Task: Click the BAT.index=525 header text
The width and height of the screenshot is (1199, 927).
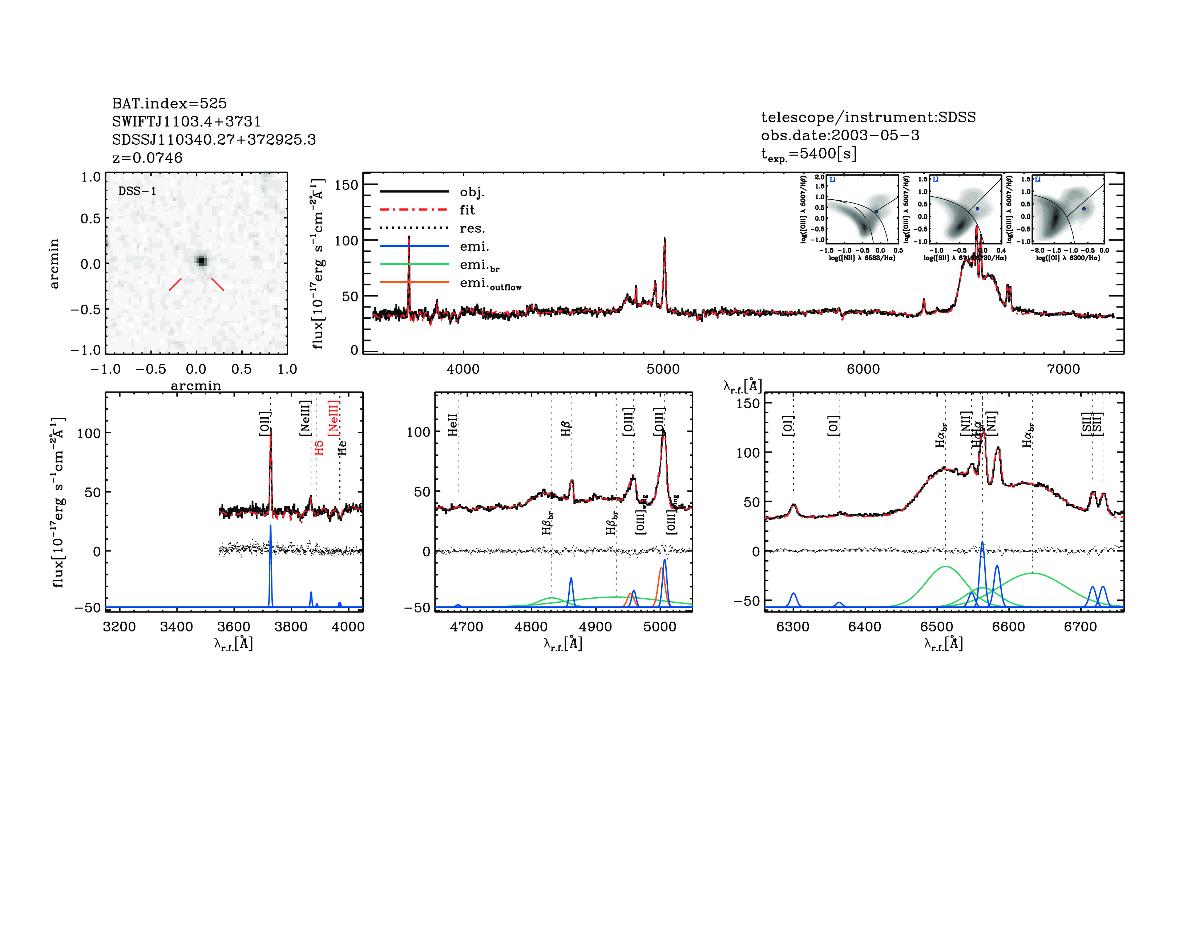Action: pos(169,103)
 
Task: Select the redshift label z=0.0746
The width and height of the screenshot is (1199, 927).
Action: pos(147,158)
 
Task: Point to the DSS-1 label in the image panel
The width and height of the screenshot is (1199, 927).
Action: pos(137,191)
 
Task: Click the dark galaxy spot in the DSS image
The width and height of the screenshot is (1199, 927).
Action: pos(202,261)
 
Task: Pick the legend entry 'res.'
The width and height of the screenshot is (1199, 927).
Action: pos(472,228)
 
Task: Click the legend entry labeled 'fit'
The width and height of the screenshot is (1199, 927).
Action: pos(467,210)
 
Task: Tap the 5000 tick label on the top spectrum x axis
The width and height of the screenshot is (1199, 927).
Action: pos(663,369)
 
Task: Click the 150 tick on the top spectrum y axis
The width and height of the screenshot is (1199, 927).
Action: pos(346,185)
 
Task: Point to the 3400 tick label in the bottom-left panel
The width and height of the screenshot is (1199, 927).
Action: pos(176,627)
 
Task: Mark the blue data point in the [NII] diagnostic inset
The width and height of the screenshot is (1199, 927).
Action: pos(876,212)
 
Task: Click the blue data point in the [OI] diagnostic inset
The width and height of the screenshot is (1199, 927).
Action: pos(1084,209)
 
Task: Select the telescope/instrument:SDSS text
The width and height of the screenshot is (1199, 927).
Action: pos(868,117)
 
